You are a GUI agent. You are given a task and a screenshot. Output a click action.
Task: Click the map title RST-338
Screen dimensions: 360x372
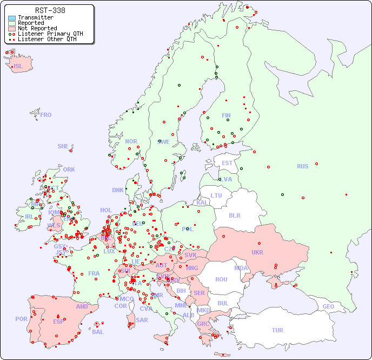50,10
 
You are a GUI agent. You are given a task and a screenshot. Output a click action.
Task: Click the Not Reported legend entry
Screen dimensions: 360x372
37,28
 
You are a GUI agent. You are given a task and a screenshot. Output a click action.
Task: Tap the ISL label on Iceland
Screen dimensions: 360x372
18,67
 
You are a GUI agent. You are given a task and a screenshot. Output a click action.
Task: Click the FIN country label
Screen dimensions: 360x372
226,115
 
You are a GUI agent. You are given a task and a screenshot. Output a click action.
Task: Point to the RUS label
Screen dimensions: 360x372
302,166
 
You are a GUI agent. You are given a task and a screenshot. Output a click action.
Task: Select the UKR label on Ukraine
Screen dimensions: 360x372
257,252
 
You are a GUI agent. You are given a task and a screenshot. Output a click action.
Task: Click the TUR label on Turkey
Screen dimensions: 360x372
277,330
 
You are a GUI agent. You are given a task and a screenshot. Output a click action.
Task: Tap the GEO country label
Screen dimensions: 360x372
328,306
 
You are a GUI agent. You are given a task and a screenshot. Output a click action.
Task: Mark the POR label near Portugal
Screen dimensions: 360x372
21,319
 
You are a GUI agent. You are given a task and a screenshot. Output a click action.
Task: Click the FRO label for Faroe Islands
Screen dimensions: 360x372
46,115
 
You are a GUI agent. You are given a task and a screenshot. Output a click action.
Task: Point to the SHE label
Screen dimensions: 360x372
63,146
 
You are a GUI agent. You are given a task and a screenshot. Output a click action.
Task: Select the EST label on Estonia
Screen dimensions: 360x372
227,163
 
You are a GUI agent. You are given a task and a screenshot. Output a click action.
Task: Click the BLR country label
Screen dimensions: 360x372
234,215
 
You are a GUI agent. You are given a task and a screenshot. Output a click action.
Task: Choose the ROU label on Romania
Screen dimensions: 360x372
221,279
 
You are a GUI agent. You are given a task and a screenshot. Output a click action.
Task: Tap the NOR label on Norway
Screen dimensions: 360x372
131,141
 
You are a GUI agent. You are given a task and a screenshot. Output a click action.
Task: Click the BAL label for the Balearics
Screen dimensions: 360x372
97,332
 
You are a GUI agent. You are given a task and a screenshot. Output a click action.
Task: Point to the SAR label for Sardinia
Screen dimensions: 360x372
142,320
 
